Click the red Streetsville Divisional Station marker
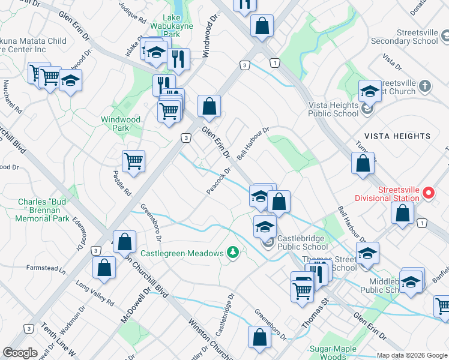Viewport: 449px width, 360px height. pos(428,193)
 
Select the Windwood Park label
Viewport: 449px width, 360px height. pos(121,124)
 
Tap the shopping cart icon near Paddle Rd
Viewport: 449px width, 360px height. pos(133,161)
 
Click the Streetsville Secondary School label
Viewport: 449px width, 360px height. pos(405,37)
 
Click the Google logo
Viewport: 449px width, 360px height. pos(20,353)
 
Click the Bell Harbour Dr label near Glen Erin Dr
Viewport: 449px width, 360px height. pos(253,144)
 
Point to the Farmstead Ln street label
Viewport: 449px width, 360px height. pos(45,268)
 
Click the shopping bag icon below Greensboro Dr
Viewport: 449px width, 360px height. pos(259,338)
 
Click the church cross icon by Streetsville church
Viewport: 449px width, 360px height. pos(424,86)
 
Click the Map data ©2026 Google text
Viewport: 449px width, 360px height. pos(412,355)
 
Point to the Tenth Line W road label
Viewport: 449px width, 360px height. pos(58,339)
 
